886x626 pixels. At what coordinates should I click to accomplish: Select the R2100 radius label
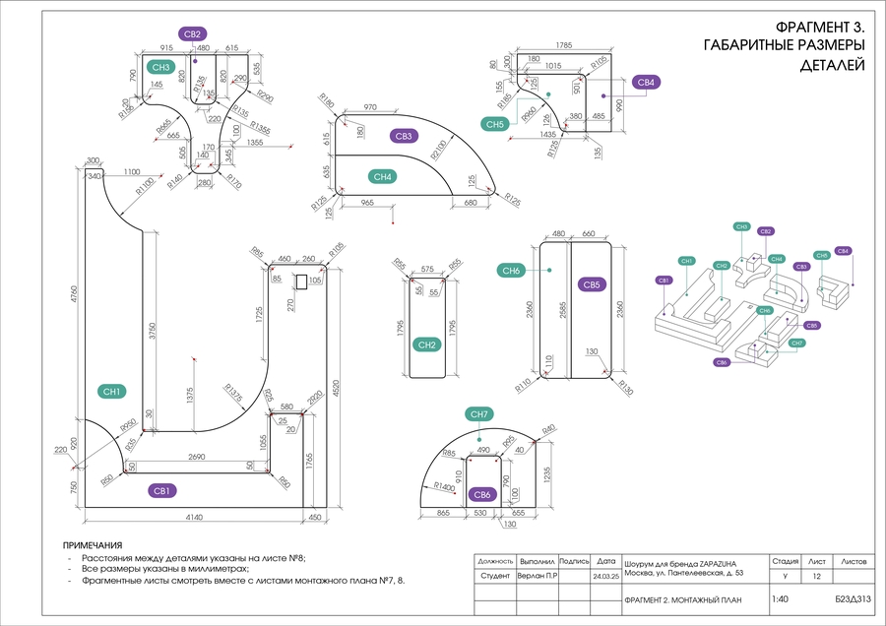(x=437, y=152)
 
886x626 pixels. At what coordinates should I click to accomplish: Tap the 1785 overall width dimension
(x=564, y=45)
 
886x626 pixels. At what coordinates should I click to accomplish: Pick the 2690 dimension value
(x=199, y=458)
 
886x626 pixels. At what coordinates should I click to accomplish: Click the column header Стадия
(x=785, y=560)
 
